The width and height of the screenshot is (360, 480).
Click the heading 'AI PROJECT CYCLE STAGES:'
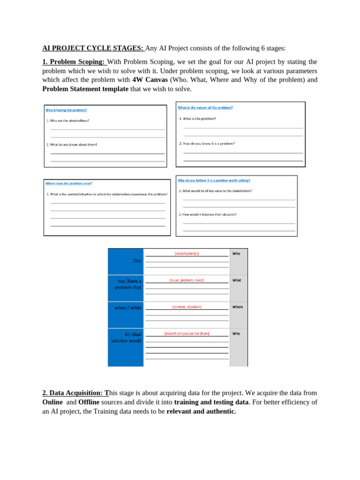(x=93, y=48)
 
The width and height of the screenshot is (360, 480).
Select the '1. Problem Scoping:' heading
(x=75, y=62)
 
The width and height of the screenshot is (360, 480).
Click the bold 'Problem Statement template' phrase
(x=85, y=89)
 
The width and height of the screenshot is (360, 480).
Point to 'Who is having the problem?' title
(x=66, y=110)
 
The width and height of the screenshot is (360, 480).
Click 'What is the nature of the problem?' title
(x=205, y=107)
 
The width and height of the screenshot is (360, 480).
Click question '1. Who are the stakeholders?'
(x=68, y=120)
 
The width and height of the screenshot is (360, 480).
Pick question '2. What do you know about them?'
(x=72, y=144)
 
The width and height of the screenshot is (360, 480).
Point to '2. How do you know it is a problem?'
(x=207, y=143)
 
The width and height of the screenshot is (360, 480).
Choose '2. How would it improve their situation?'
(x=208, y=214)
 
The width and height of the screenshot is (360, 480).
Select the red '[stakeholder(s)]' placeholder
(x=187, y=254)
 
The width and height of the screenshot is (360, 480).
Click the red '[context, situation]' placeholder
(x=187, y=307)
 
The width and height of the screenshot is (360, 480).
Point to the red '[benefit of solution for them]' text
(x=187, y=334)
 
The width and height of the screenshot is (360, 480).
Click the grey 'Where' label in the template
(x=238, y=307)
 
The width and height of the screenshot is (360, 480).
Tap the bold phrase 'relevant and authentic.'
(x=201, y=412)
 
